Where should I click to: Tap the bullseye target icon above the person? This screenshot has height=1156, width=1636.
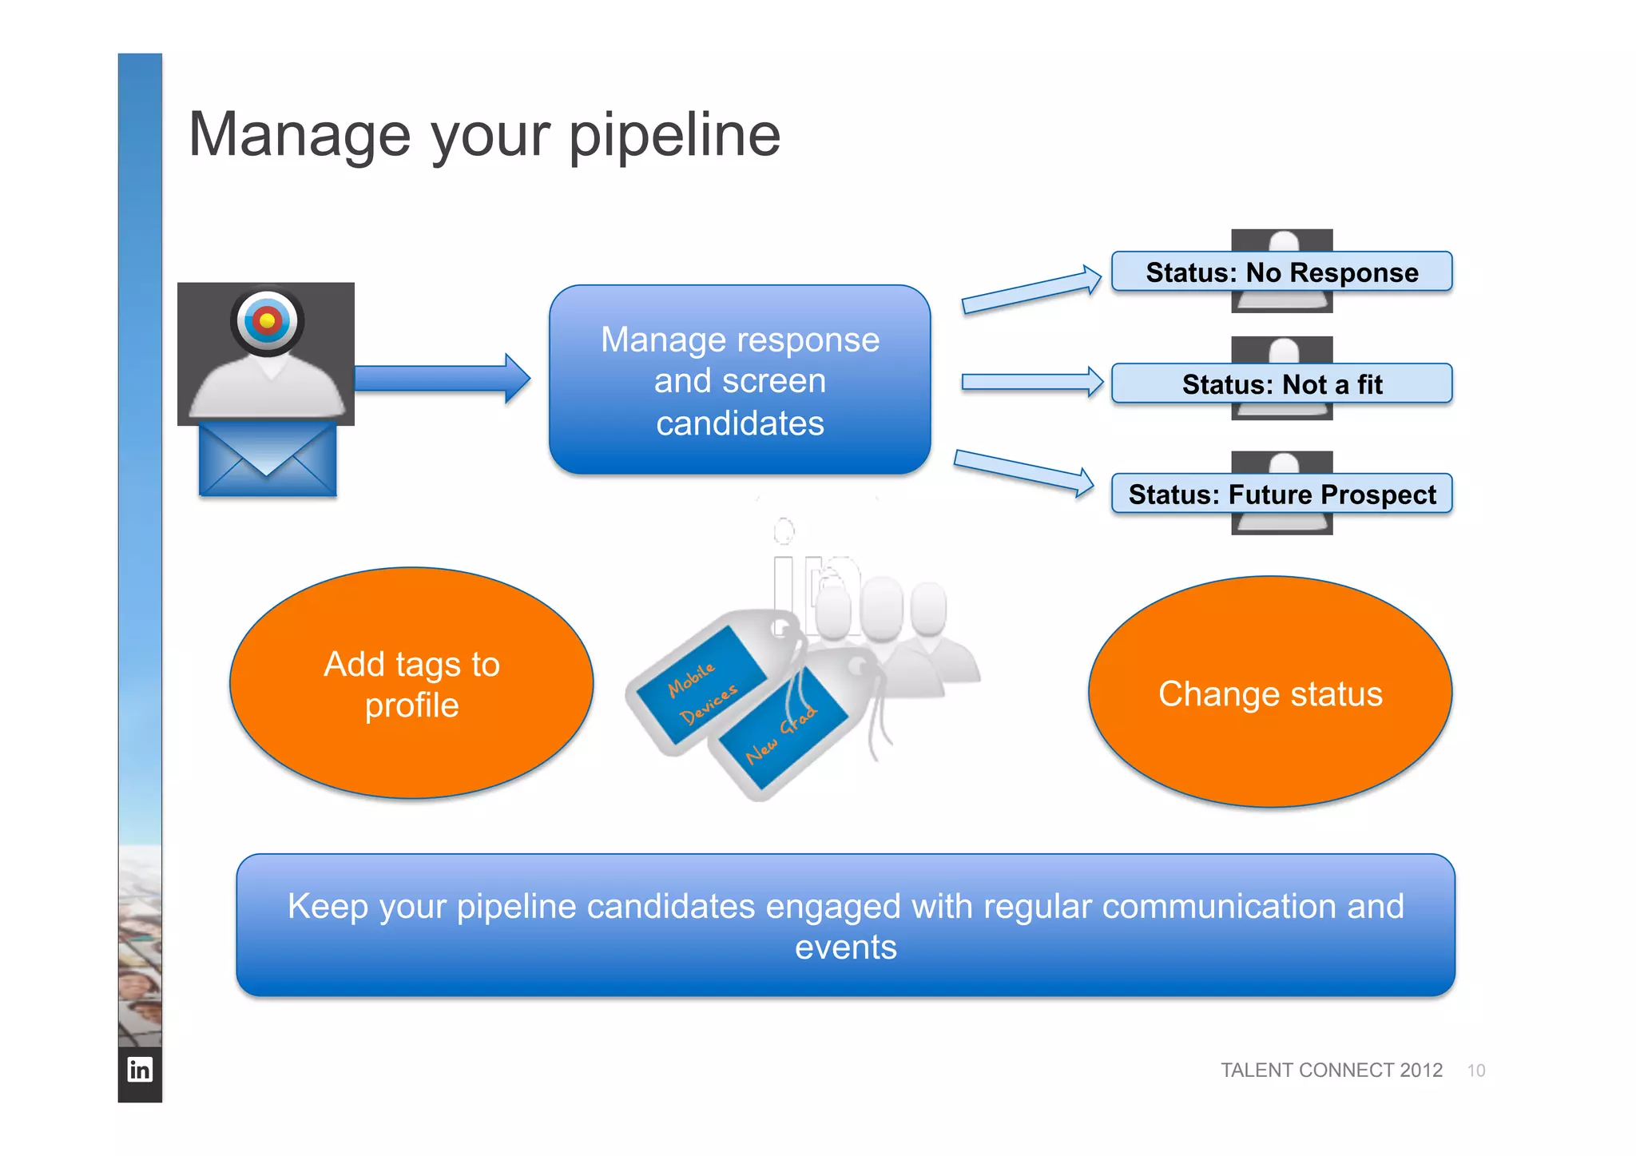click(x=267, y=321)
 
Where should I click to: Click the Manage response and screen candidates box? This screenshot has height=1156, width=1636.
click(x=740, y=380)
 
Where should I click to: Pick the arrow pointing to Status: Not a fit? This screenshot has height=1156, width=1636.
click(x=1031, y=382)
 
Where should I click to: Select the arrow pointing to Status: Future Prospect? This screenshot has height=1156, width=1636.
click(x=1023, y=472)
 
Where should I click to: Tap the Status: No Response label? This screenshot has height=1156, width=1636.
click(x=1281, y=272)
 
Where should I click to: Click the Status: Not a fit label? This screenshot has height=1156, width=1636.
click(x=1281, y=384)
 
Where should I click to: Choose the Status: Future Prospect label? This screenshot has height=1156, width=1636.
click(x=1281, y=495)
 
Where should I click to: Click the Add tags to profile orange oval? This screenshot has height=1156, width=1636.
click(x=411, y=684)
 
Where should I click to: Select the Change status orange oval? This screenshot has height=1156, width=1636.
click(x=1269, y=693)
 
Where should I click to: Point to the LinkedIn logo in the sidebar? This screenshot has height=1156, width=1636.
click(x=140, y=1069)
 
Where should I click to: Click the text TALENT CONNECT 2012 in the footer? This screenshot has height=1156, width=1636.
click(x=1331, y=1070)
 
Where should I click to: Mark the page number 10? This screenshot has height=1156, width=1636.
click(x=1475, y=1071)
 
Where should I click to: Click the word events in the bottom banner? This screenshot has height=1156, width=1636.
click(x=845, y=947)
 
